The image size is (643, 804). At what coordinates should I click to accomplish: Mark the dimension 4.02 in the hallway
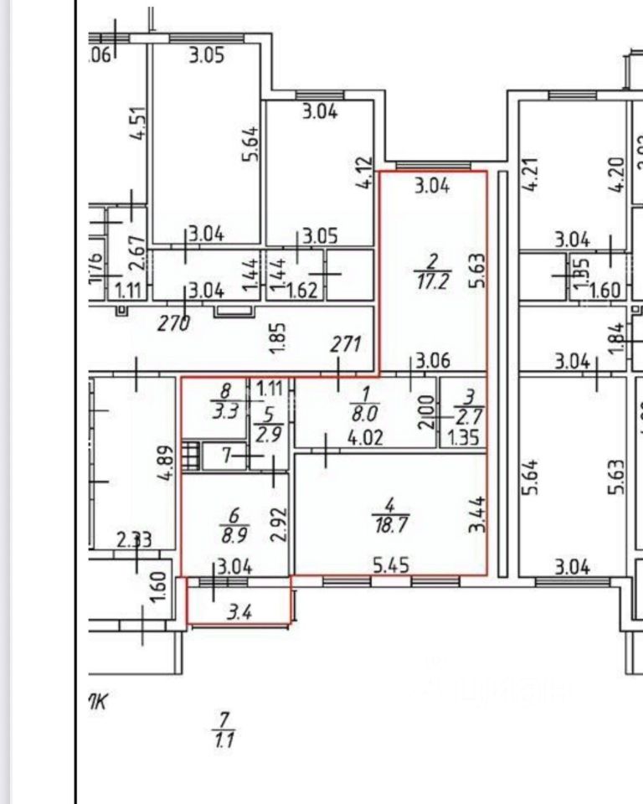(366, 437)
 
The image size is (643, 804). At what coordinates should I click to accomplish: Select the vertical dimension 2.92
(280, 524)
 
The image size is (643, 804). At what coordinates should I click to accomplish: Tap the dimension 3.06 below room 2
(433, 362)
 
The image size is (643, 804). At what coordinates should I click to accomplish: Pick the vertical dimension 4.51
(138, 122)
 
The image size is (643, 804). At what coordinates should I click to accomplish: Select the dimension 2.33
(134, 541)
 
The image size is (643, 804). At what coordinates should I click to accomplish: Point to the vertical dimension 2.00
(427, 410)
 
